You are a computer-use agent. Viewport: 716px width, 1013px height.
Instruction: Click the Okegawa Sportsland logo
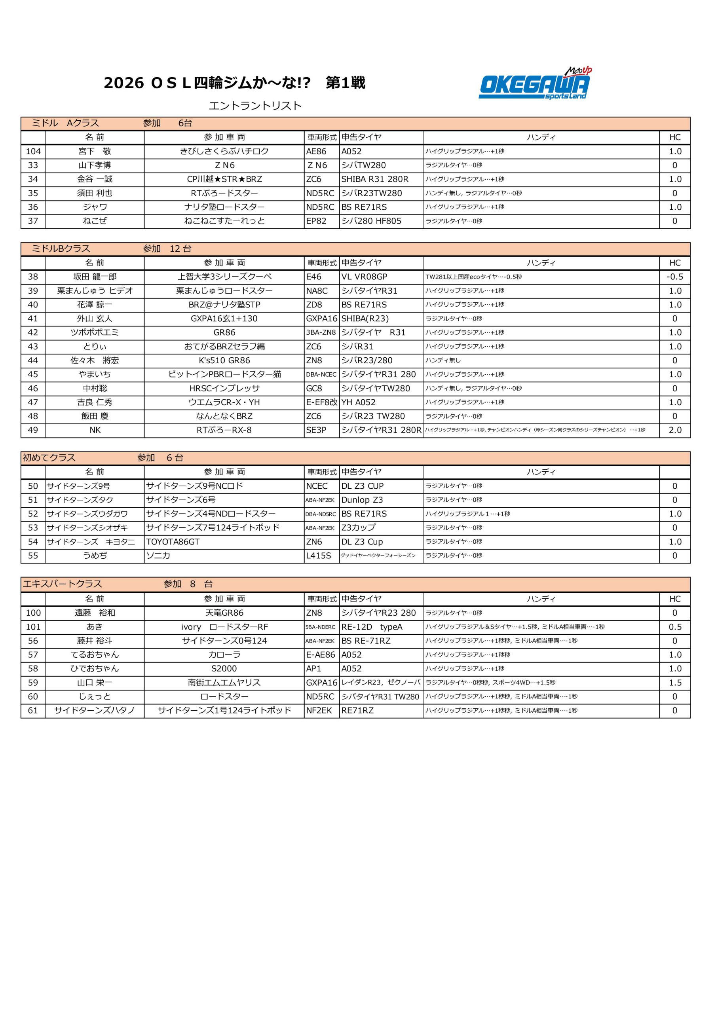pyautogui.click(x=535, y=84)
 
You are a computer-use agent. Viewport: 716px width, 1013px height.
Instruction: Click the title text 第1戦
pyautogui.click(x=345, y=83)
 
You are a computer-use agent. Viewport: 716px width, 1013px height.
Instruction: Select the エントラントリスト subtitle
pyautogui.click(x=255, y=106)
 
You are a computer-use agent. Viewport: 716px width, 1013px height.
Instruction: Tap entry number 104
pyautogui.click(x=33, y=151)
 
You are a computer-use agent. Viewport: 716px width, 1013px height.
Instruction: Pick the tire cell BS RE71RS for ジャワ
pyautogui.click(x=364, y=207)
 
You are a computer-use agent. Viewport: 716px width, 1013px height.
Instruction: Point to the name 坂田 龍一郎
pyautogui.click(x=95, y=277)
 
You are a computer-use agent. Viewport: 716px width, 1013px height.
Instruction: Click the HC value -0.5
pyautogui.click(x=674, y=277)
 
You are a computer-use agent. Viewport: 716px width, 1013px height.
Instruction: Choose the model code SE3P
pyautogui.click(x=316, y=430)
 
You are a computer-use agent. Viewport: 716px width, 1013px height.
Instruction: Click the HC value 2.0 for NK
pyautogui.click(x=674, y=430)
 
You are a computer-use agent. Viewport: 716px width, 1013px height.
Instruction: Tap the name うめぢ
pyautogui.click(x=95, y=556)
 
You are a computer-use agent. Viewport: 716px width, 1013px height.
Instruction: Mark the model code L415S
pyautogui.click(x=318, y=556)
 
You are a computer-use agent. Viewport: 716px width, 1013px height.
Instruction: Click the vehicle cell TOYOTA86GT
pyautogui.click(x=173, y=542)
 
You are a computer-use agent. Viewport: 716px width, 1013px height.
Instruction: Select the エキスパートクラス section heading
pyautogui.click(x=62, y=584)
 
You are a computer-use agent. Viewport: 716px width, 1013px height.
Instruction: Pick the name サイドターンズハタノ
pyautogui.click(x=95, y=710)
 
